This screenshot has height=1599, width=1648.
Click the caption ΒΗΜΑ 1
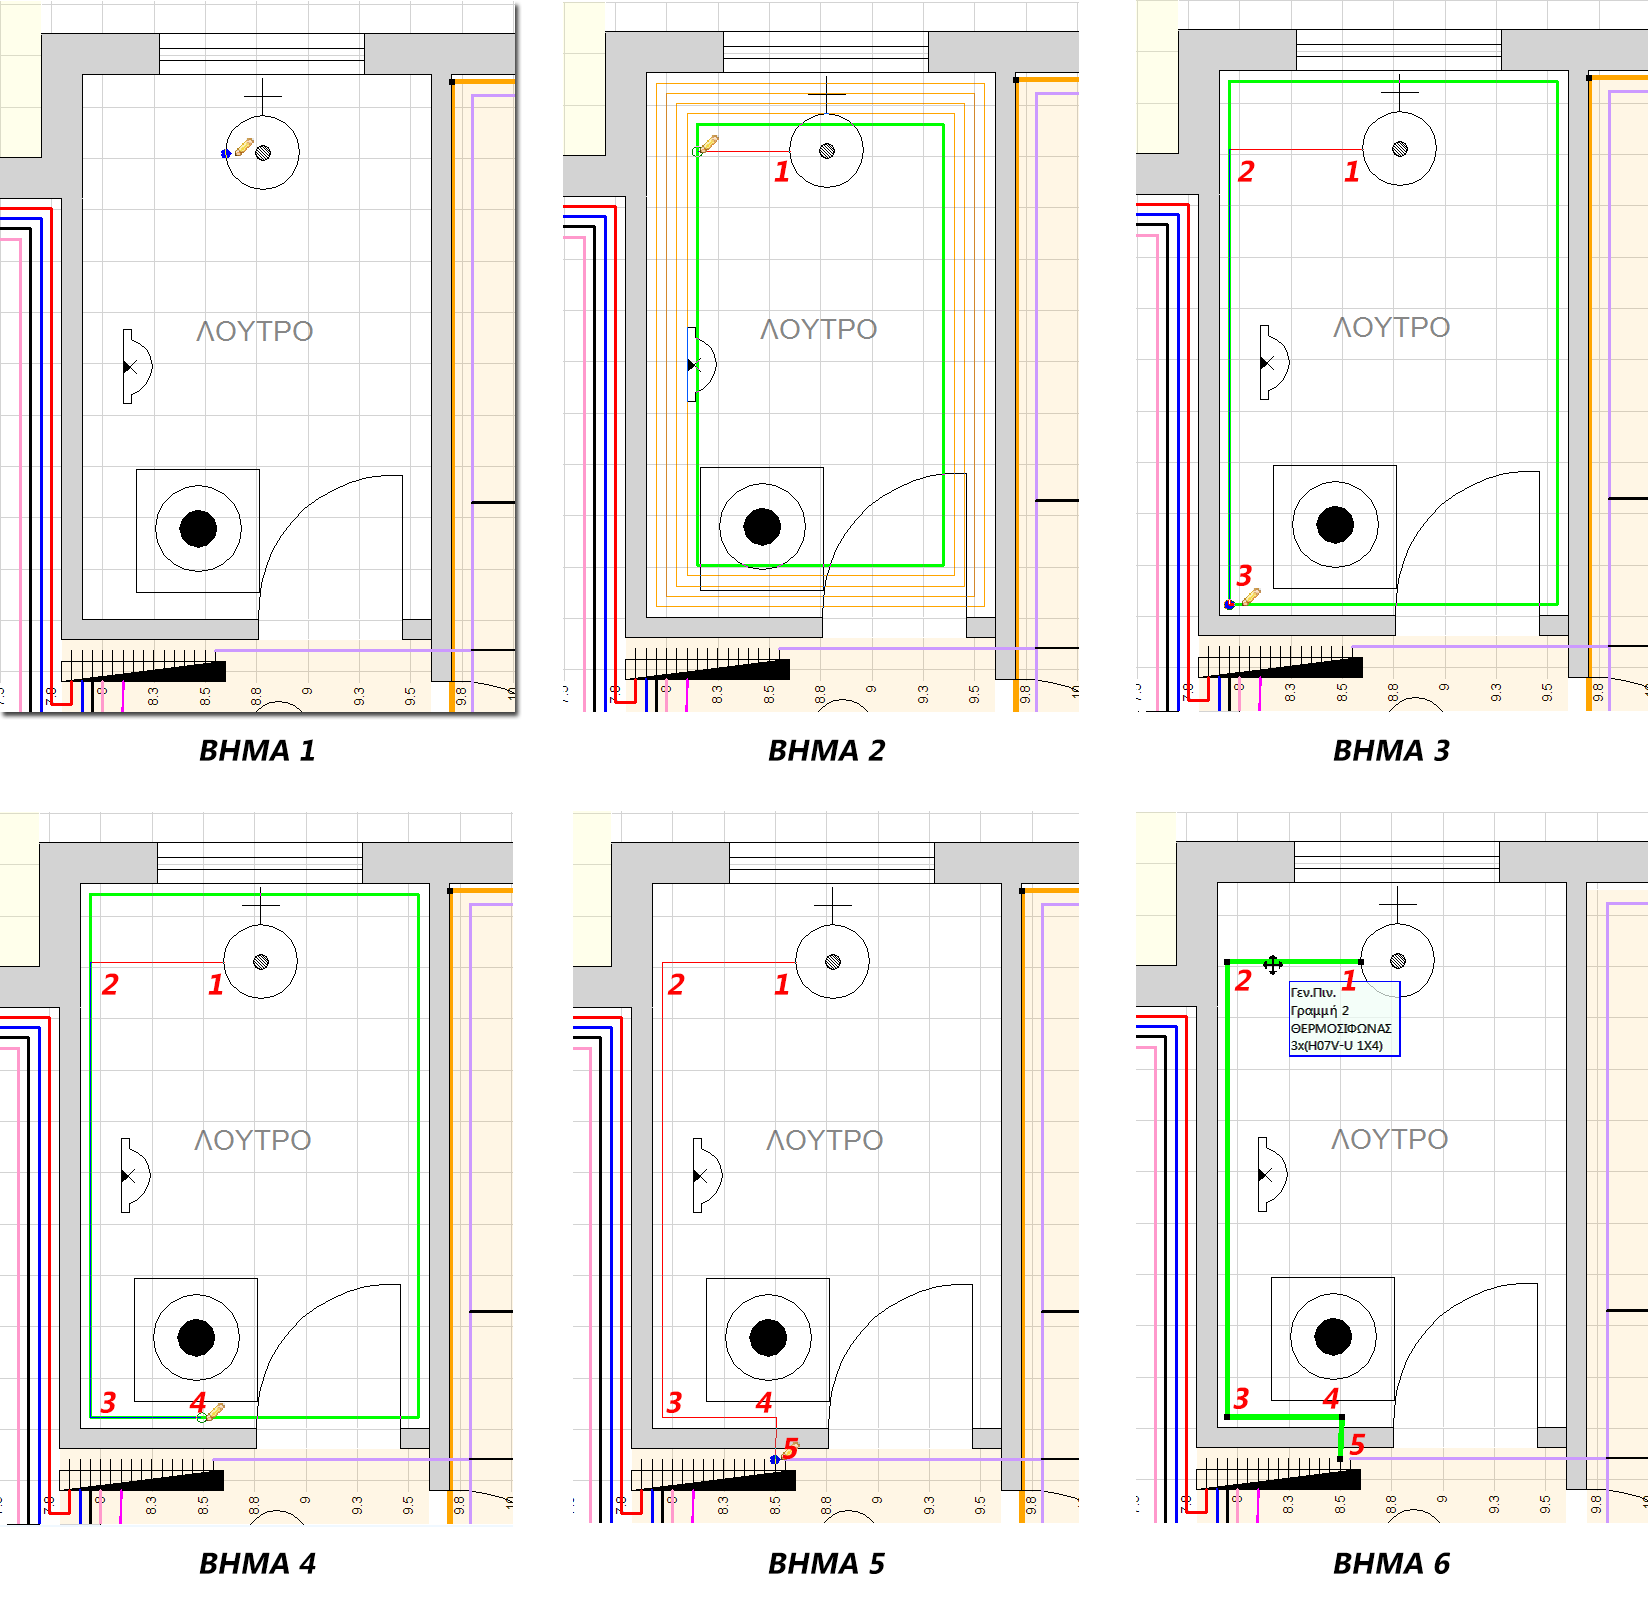click(x=257, y=750)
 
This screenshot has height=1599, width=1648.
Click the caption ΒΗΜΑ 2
click(x=826, y=750)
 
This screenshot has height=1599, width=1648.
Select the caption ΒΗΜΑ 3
click(x=1391, y=750)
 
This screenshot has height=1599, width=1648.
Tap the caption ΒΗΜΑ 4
click(x=257, y=1563)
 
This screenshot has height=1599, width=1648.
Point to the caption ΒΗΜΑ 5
click(x=826, y=1563)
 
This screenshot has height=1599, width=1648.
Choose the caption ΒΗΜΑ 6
click(x=1391, y=1563)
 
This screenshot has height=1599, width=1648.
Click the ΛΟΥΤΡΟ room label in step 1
click(x=255, y=331)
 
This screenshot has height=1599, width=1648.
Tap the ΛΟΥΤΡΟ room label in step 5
click(x=825, y=1140)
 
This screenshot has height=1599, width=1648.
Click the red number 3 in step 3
click(x=1244, y=575)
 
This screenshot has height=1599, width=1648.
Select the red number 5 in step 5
click(x=791, y=1448)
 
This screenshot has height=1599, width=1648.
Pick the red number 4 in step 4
click(x=198, y=1402)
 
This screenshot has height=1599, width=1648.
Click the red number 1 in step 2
click(x=782, y=172)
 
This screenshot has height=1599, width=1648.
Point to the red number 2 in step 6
click(x=1243, y=980)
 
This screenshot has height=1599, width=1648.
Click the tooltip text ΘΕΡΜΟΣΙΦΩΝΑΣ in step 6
click(x=1340, y=1028)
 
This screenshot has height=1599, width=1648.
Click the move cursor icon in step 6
click(x=1272, y=964)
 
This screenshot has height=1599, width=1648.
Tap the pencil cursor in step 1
click(x=243, y=147)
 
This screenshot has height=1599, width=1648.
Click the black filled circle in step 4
click(x=196, y=1336)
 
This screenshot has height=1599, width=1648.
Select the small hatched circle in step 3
click(x=1400, y=149)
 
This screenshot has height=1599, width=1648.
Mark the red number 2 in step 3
click(x=1246, y=172)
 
